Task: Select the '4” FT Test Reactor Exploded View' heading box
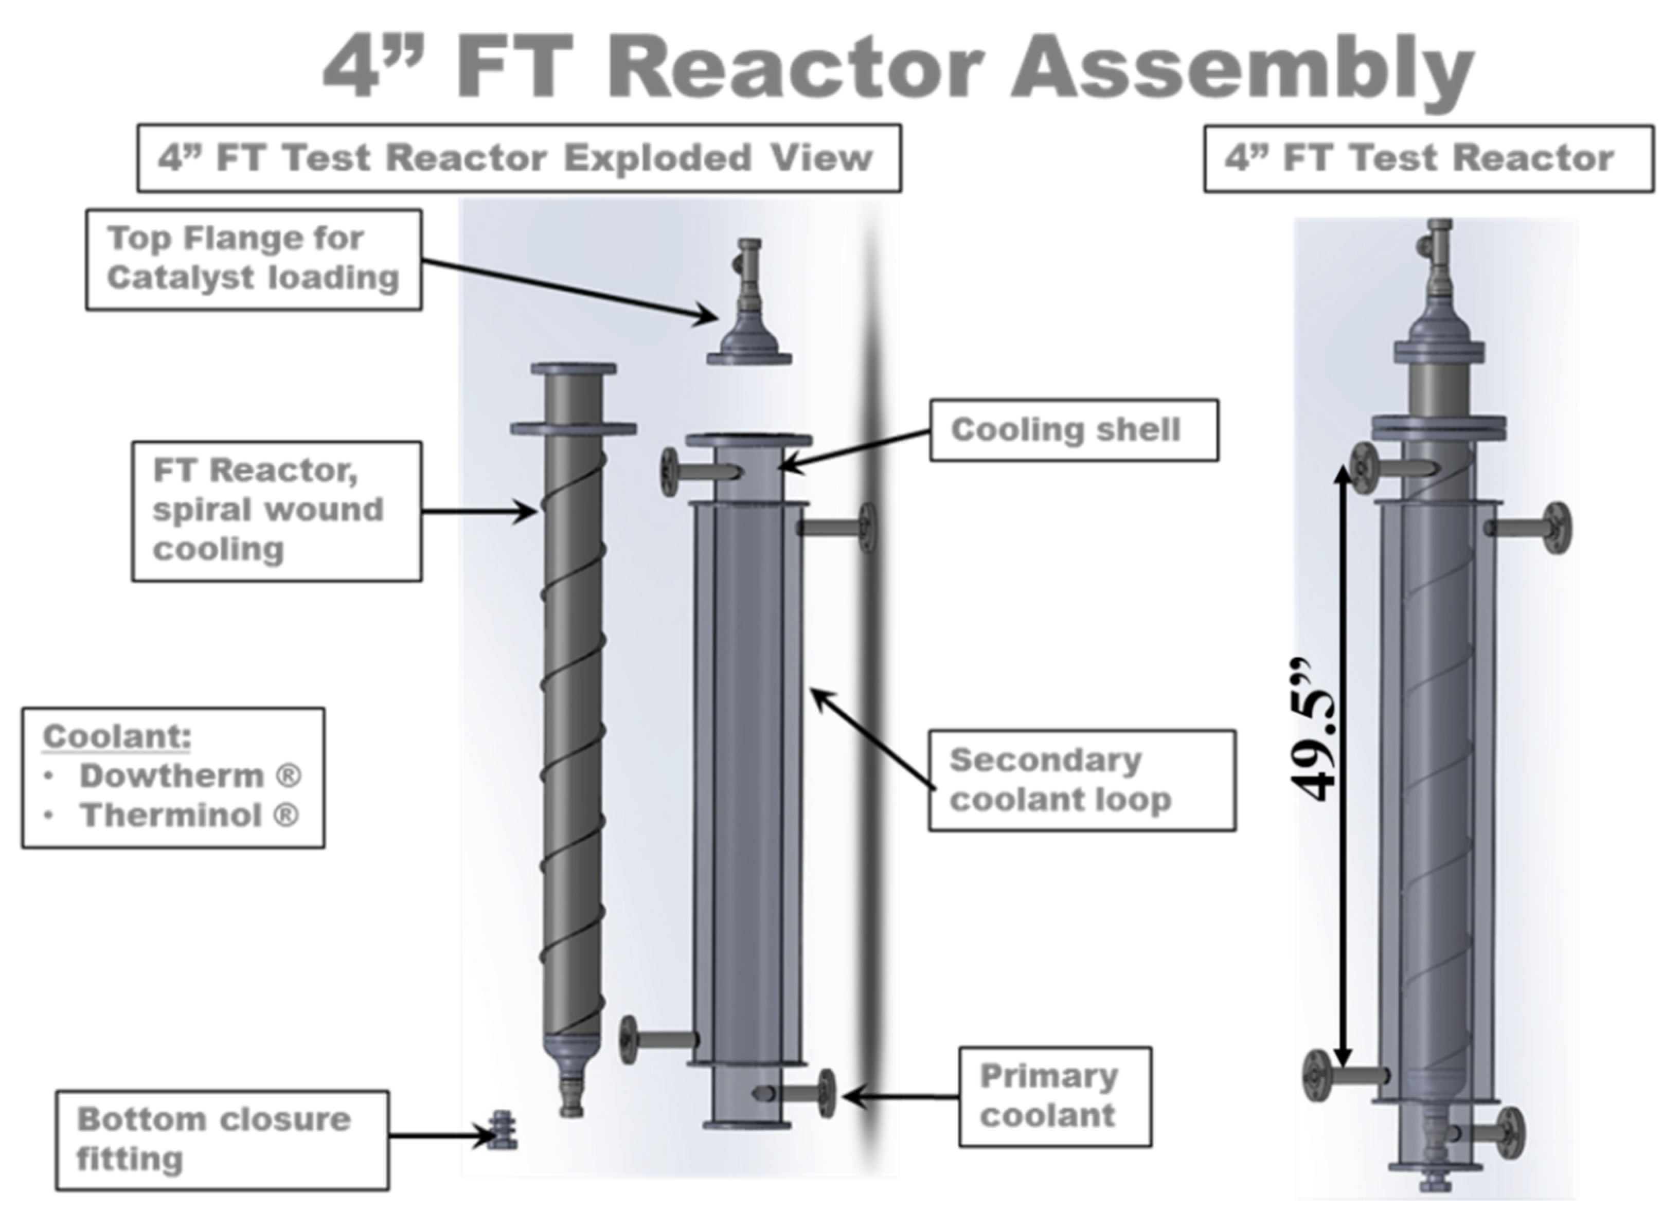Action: coord(519,158)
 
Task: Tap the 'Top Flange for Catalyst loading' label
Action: coord(254,259)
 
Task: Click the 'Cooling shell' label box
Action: coord(1073,430)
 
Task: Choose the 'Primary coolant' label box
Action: coord(1054,1096)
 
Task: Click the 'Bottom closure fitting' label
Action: coord(221,1140)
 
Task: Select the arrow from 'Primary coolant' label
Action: coord(901,1096)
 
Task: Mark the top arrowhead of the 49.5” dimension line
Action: coord(1343,473)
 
